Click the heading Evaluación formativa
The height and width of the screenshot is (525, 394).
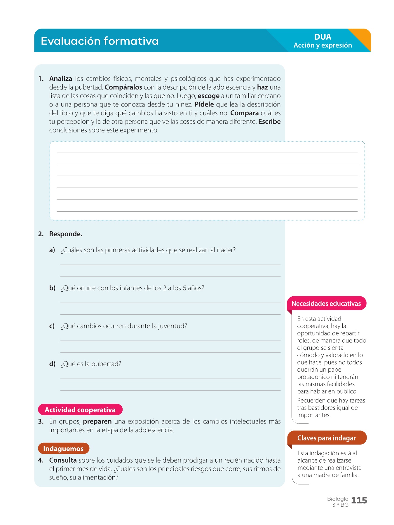100,41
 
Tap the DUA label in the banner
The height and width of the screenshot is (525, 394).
322,37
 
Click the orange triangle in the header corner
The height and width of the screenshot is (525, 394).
362,38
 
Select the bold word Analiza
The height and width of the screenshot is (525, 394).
61,78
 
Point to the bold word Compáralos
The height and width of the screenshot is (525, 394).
123,87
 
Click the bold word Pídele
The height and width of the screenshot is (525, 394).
204,104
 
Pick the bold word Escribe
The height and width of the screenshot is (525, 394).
269,122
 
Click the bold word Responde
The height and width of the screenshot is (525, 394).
66,234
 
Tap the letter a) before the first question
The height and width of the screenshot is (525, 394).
52,250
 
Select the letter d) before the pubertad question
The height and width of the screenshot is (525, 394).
52,364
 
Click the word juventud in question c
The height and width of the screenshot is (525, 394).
172,326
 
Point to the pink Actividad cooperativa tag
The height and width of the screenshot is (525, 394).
80,410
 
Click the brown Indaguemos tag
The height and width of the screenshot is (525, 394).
63,449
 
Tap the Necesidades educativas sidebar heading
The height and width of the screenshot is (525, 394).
326,304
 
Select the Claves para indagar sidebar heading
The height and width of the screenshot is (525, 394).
326,438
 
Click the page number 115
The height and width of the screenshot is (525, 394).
359,501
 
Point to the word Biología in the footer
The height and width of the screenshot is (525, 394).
338,499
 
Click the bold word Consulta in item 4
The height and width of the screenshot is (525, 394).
63,460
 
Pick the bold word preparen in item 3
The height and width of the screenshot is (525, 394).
97,421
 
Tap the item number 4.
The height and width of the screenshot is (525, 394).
41,460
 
